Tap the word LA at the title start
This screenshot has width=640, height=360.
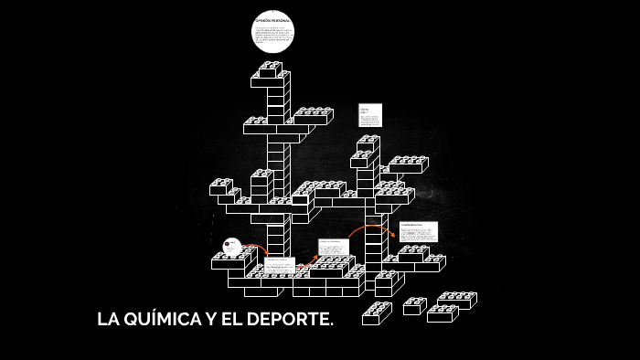[x=108, y=321]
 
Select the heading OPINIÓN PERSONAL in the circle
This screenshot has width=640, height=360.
[x=272, y=20]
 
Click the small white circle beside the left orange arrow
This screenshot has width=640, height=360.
[x=232, y=247]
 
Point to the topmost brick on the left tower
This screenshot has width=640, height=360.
[x=271, y=68]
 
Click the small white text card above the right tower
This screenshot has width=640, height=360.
[x=369, y=115]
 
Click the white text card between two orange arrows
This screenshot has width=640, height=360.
[x=333, y=249]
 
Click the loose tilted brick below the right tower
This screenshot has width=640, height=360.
[x=377, y=313]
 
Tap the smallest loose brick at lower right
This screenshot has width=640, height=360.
[x=414, y=306]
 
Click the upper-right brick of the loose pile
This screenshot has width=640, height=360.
[x=457, y=300]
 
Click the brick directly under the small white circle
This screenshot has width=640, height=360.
[x=232, y=262]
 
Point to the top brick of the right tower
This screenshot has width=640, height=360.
[x=368, y=143]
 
